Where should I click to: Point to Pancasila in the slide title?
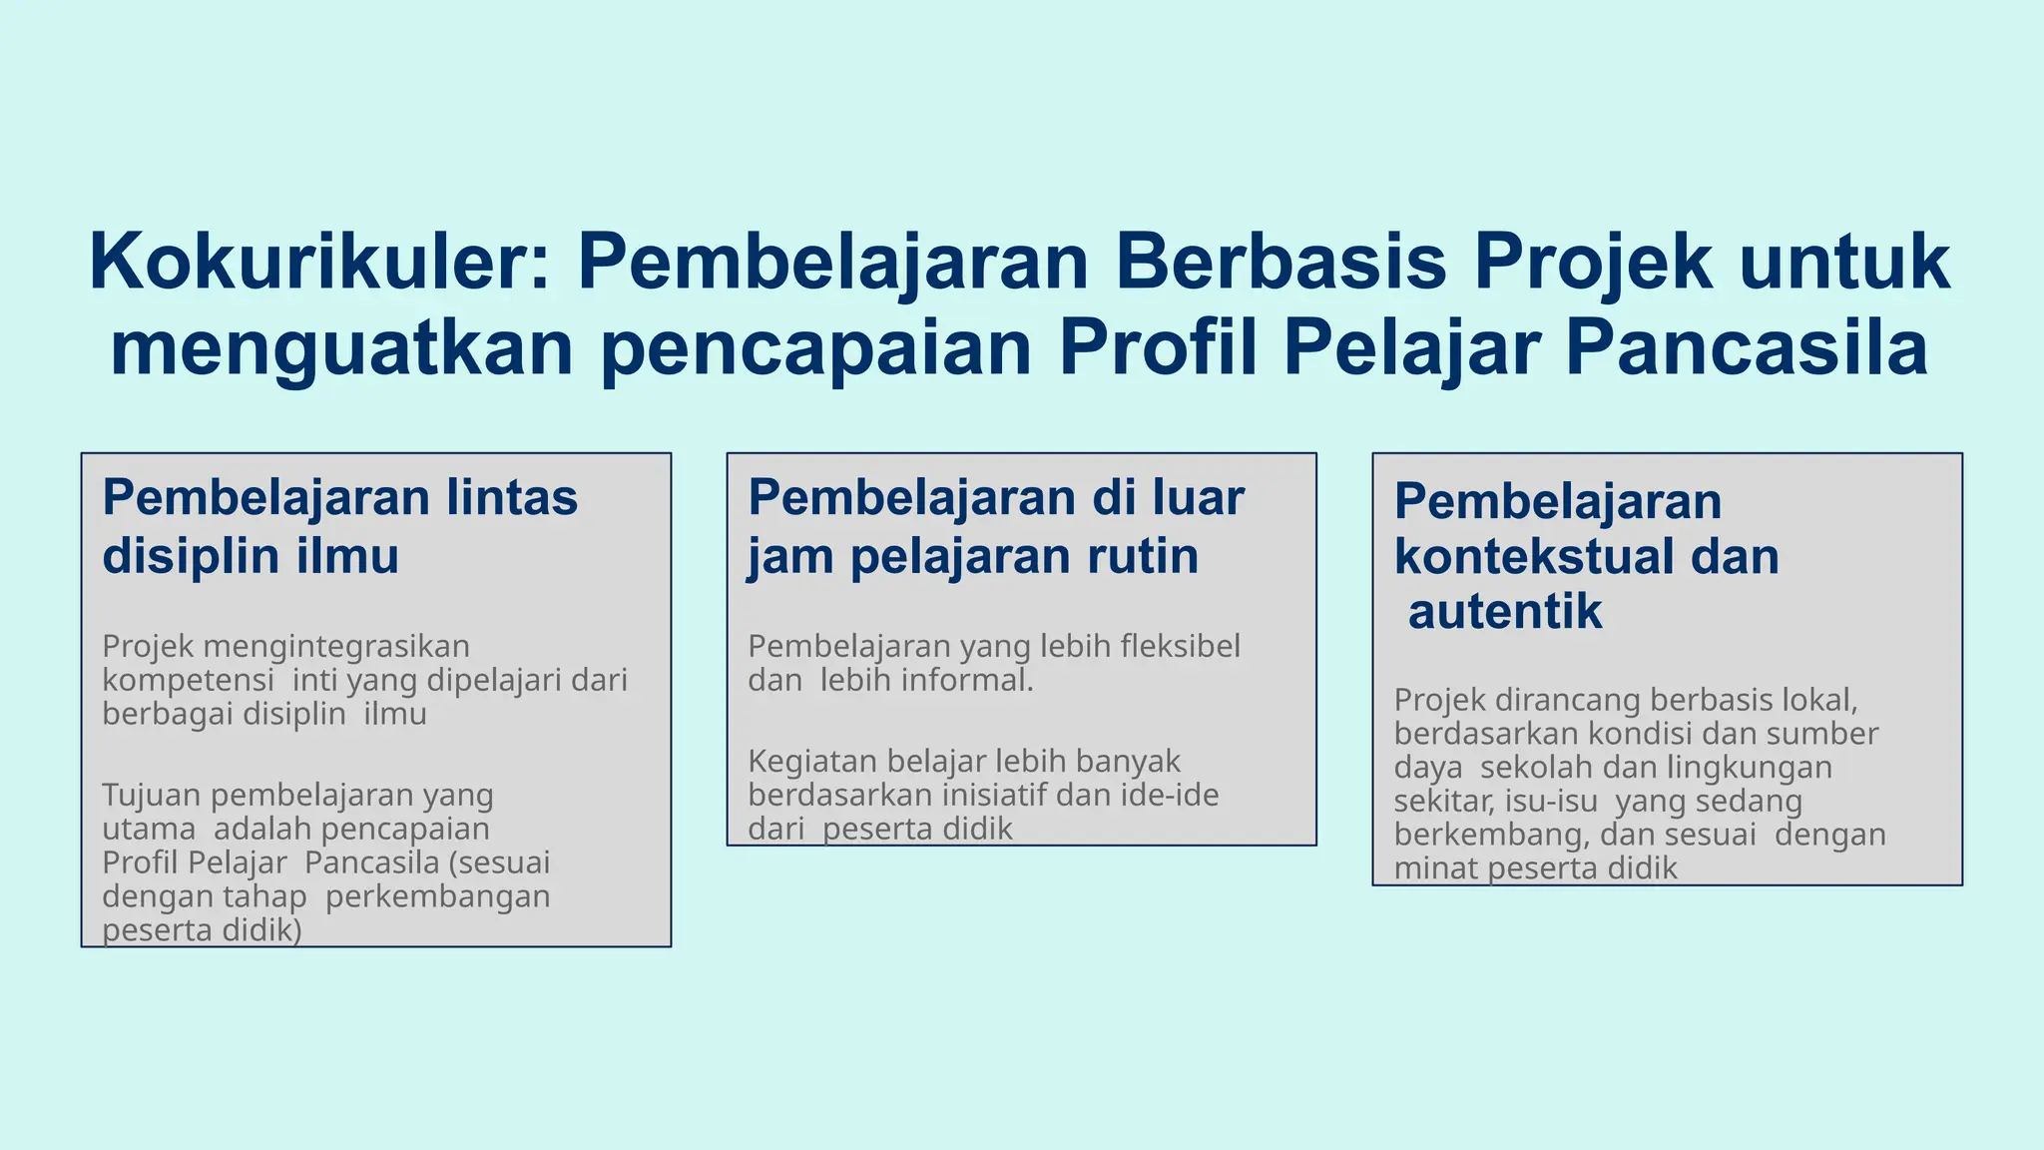click(x=1746, y=348)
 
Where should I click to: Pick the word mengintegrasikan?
click(x=342, y=647)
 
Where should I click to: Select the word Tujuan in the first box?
click(x=152, y=796)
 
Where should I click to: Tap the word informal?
click(x=973, y=681)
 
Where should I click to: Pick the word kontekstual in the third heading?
click(x=1533, y=557)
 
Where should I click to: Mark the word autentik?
click(x=1504, y=612)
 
